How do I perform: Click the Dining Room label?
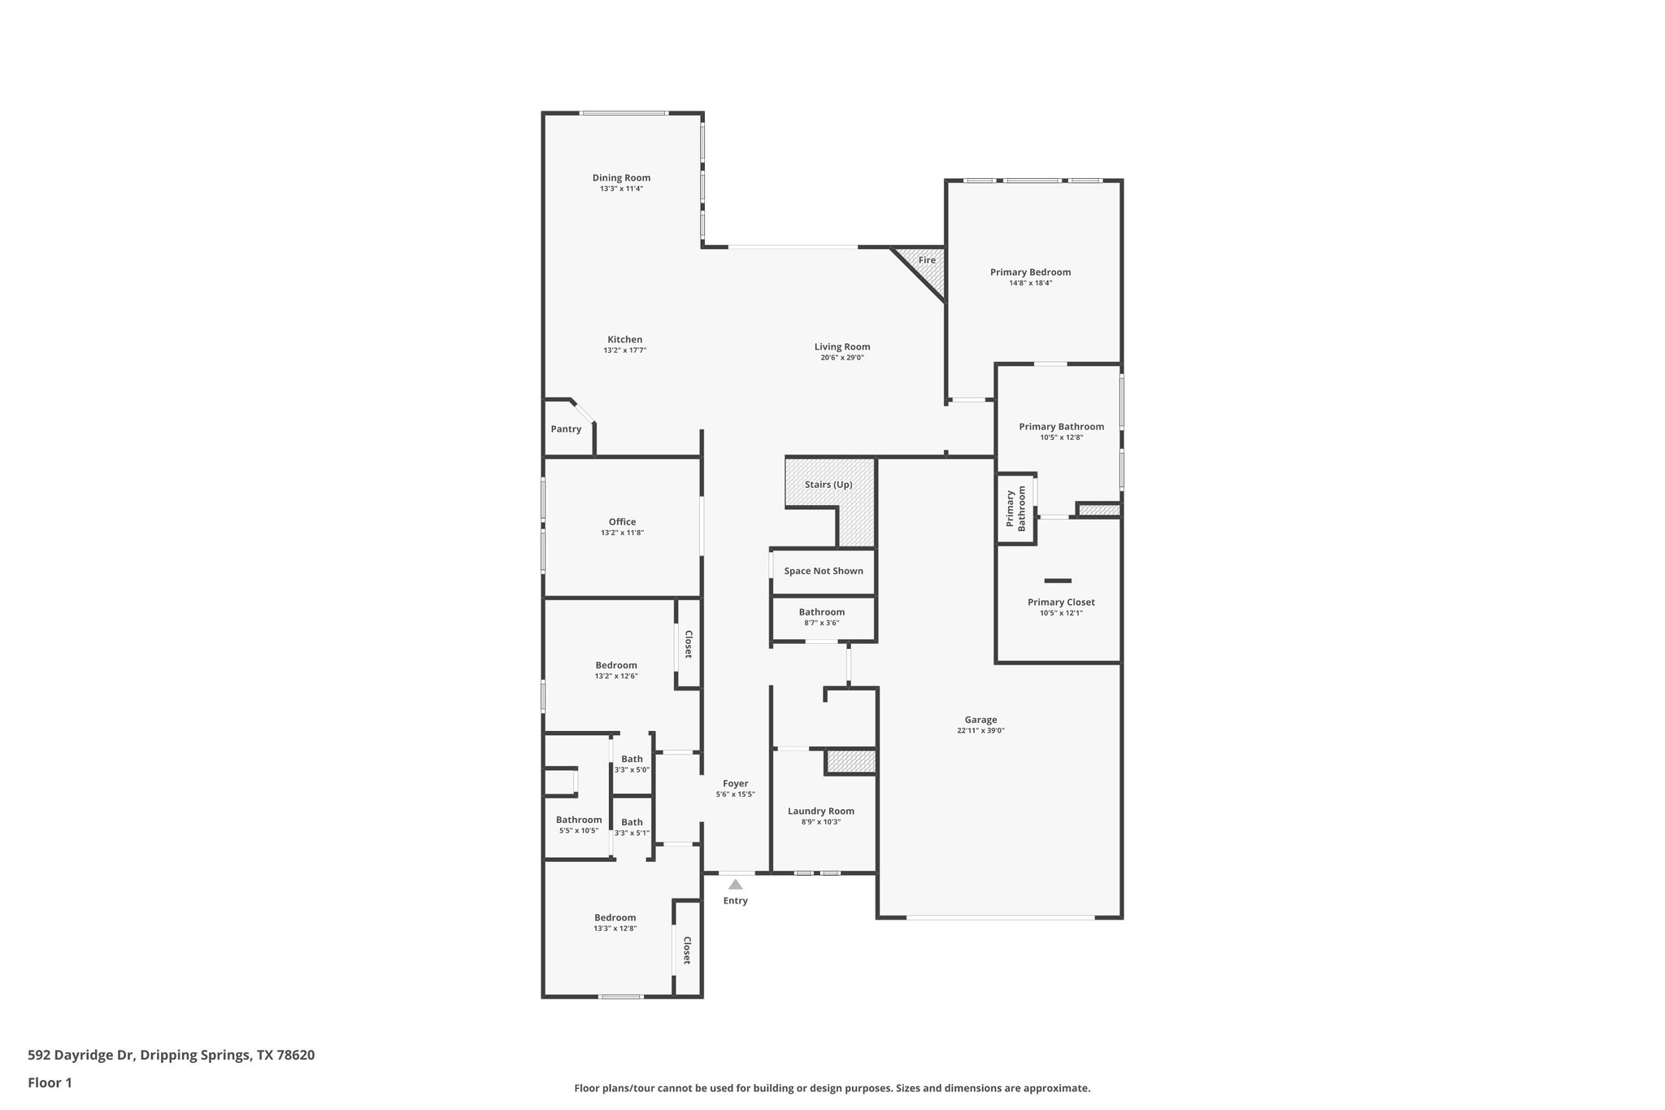[621, 178]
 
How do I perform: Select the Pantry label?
[566, 429]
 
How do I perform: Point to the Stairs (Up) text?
[828, 485]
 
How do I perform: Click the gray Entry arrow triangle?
[735, 885]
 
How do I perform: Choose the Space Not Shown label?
[824, 571]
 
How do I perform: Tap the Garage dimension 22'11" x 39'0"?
[980, 731]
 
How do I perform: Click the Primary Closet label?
[1061, 603]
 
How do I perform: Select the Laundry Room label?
[821, 811]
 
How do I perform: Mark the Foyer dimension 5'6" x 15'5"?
[736, 794]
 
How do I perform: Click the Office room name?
[622, 522]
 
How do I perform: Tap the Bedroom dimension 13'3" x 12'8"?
[615, 929]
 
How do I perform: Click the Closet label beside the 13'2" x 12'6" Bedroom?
[688, 644]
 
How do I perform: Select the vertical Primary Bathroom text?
[1016, 509]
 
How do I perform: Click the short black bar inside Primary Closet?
[1058, 581]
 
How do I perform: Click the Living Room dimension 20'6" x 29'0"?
[841, 358]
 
